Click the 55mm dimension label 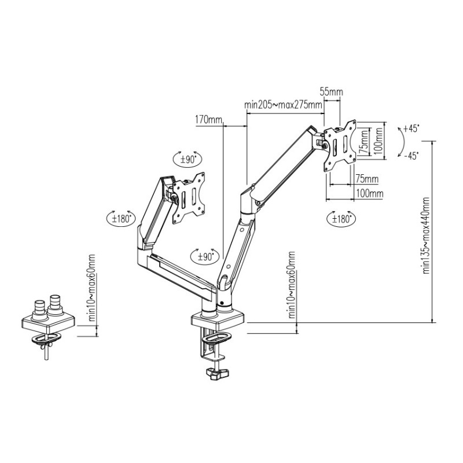pyautogui.click(x=332, y=92)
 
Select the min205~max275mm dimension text pyautogui.click(x=283, y=105)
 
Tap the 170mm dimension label pyautogui.click(x=208, y=120)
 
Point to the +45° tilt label pyautogui.click(x=411, y=128)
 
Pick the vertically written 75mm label pyautogui.click(x=365, y=141)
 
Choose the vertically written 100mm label pyautogui.click(x=379, y=140)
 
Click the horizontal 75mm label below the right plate pyautogui.click(x=367, y=179)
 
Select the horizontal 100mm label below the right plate pyautogui.click(x=370, y=194)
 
